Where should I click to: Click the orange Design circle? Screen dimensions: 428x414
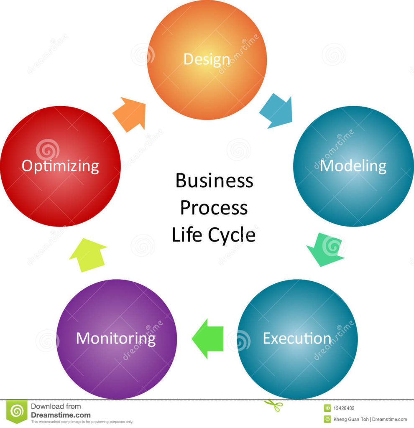tap(207, 60)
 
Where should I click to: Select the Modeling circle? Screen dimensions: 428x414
tap(353, 166)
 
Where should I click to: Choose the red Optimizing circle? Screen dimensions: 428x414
tap(61, 166)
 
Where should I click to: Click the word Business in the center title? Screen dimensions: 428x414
tap(214, 181)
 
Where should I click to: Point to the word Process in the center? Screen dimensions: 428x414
tap(214, 208)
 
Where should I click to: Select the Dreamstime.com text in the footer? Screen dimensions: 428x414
tap(61, 415)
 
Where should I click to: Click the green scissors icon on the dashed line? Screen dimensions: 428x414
tap(273, 405)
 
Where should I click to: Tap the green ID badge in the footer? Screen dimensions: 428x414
tap(327, 408)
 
